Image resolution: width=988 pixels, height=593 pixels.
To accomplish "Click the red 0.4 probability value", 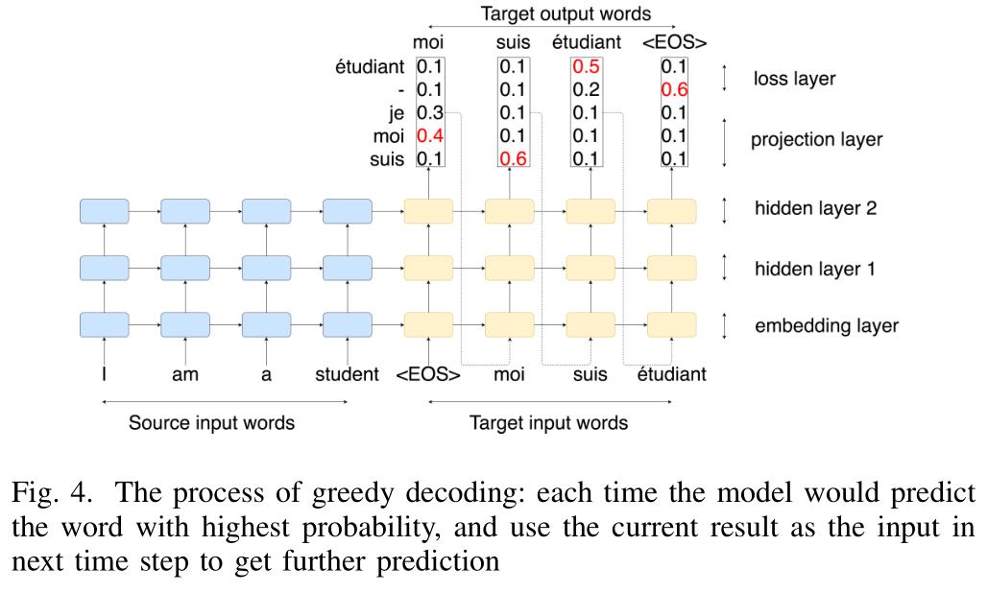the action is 430,135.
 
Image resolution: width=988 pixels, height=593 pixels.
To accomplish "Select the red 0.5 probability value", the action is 586,67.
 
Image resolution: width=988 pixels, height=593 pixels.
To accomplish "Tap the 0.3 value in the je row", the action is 430,112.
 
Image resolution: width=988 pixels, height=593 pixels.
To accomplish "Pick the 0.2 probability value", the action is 586,89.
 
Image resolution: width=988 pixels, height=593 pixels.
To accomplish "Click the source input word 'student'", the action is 348,374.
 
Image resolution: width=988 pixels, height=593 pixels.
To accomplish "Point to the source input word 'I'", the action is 104,374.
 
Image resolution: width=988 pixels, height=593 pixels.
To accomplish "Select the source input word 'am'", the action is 185,374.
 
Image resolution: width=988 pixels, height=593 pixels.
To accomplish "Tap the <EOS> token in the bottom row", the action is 428,374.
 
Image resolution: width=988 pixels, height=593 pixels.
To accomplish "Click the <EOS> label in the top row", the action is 674,42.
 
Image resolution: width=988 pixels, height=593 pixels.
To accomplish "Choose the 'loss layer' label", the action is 795,79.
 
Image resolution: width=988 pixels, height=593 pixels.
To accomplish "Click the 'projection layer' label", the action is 816,139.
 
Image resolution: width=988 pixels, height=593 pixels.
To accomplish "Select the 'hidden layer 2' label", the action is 816,208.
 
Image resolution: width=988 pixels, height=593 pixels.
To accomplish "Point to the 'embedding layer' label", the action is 827,325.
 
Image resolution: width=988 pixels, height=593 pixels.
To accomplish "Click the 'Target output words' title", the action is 566,13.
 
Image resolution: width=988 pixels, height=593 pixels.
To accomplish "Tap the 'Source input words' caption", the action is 211,422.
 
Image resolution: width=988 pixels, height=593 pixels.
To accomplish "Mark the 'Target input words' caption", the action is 549,422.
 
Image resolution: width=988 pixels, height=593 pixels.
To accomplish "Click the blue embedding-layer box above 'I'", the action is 105,325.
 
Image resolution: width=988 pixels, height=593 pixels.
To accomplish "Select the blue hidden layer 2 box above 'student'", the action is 348,211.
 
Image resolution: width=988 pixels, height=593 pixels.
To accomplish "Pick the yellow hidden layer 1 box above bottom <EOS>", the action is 428,268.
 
